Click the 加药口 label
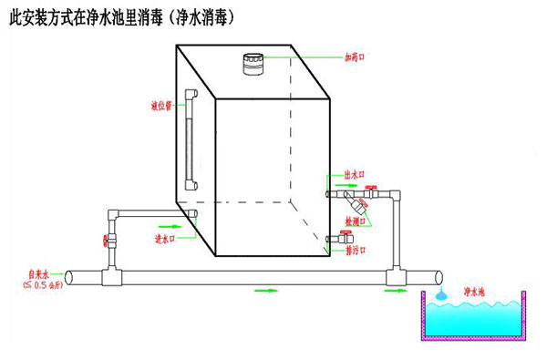356,57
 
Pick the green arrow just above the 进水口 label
169,224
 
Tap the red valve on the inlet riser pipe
107,242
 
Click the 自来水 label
38,273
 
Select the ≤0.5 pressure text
42,284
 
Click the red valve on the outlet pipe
373,191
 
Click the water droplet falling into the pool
439,294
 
